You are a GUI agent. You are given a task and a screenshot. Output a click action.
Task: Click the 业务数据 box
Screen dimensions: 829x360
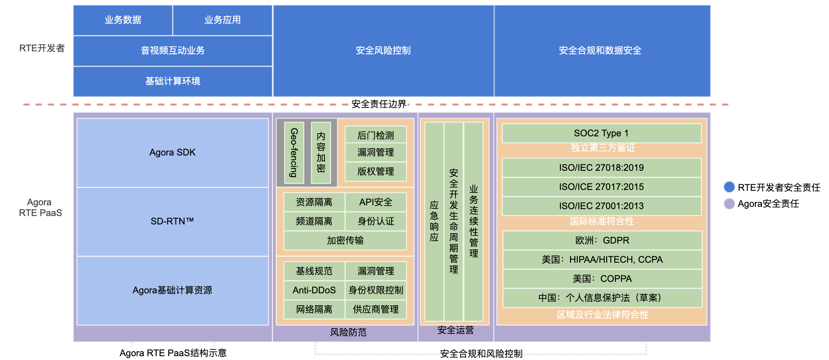123,20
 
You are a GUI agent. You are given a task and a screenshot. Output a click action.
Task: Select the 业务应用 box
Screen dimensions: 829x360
223,20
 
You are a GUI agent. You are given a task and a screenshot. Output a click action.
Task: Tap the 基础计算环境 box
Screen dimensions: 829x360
173,81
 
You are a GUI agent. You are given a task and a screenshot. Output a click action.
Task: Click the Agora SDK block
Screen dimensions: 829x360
173,152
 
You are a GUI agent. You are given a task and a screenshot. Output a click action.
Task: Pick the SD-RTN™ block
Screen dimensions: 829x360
173,221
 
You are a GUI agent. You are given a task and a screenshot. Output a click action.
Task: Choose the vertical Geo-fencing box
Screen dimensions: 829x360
294,152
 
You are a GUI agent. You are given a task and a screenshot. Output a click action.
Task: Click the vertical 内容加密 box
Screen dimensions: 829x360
321,152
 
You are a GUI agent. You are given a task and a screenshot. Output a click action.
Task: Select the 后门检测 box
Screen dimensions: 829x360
376,135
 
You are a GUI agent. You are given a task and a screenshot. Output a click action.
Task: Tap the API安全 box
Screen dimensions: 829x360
376,202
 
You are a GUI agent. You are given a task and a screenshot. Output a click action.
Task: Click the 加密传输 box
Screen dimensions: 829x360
345,241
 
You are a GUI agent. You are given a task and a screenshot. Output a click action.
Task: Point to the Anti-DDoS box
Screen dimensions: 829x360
315,290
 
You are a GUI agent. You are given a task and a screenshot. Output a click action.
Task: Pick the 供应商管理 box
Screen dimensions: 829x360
376,309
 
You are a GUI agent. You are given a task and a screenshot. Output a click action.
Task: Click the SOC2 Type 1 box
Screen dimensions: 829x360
601,133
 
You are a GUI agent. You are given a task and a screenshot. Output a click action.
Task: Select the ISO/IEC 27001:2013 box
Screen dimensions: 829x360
601,206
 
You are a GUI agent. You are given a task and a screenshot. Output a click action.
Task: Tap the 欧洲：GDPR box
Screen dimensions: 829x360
602,241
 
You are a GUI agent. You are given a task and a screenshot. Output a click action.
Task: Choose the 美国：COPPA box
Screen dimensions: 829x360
602,279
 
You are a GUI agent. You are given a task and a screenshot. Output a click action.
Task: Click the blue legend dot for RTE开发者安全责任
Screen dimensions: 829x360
729,187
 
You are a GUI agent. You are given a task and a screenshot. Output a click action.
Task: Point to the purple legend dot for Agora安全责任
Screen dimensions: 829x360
729,204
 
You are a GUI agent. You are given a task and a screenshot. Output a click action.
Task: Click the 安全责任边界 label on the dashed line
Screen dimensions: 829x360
379,104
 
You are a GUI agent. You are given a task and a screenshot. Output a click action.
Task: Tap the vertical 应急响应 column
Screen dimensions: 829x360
434,221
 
